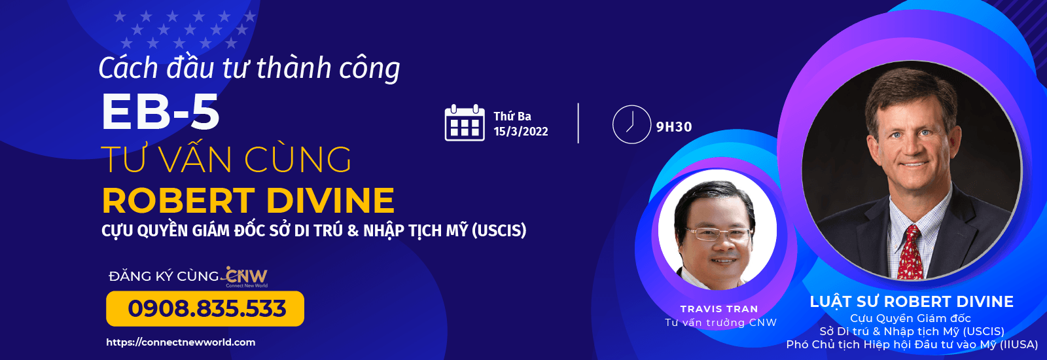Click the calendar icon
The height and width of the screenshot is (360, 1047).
point(464,122)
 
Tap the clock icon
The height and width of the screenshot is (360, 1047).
point(631,124)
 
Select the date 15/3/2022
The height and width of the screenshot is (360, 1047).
point(521,132)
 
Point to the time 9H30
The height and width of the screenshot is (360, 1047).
point(674,127)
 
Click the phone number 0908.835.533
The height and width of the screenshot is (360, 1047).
point(207,308)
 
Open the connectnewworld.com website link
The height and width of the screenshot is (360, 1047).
point(181,342)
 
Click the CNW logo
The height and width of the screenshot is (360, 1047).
point(246,278)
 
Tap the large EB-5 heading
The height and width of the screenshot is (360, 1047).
point(160,111)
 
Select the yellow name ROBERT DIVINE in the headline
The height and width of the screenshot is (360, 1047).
point(248,200)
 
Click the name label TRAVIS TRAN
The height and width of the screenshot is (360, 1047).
point(719,309)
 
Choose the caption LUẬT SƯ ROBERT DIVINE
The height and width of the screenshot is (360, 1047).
point(912,302)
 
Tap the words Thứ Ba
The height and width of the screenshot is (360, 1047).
point(512,116)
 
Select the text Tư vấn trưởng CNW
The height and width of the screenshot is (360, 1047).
point(720,323)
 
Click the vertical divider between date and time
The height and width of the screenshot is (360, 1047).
point(578,123)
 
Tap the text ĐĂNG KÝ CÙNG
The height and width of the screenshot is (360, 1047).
point(164,276)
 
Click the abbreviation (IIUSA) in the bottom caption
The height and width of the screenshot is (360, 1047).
point(1018,344)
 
